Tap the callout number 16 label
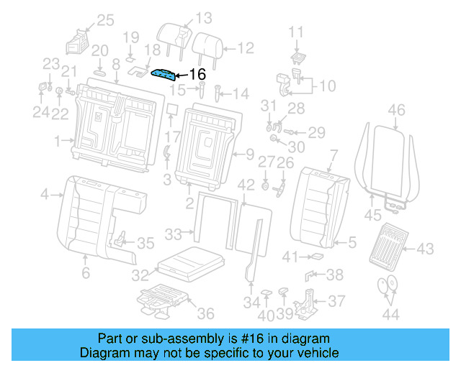[197, 74]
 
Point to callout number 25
[105, 20]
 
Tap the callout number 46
[396, 110]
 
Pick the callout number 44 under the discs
[390, 315]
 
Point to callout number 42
[246, 185]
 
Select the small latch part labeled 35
[121, 239]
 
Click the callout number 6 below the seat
[85, 273]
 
